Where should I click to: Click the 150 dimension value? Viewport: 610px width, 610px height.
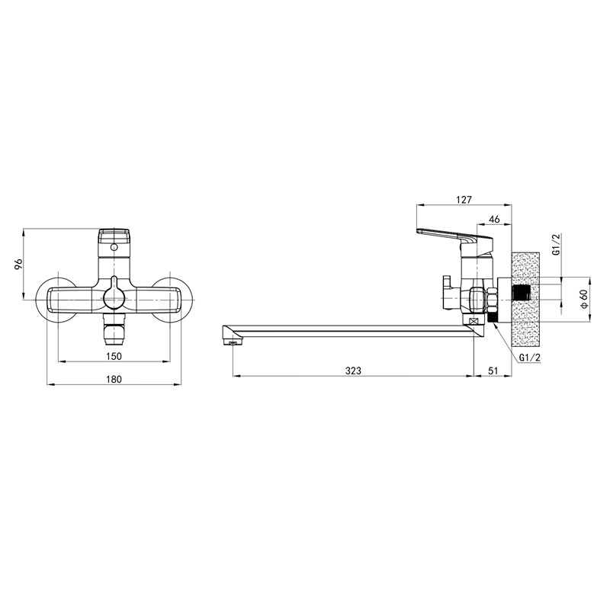point(114,356)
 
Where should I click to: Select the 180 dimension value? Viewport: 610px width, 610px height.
point(114,379)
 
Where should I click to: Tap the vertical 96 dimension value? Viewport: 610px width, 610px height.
point(18,265)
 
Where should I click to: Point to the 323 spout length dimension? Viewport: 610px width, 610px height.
point(353,371)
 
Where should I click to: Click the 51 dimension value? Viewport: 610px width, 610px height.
point(493,371)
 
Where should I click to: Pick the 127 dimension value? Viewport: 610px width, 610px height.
point(464,200)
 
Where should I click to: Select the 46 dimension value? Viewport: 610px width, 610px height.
point(494,220)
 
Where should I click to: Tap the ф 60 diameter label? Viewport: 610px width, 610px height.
point(584,299)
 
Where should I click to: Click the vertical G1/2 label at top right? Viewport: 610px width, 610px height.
point(557,245)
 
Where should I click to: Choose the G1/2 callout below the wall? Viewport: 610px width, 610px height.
point(530,358)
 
